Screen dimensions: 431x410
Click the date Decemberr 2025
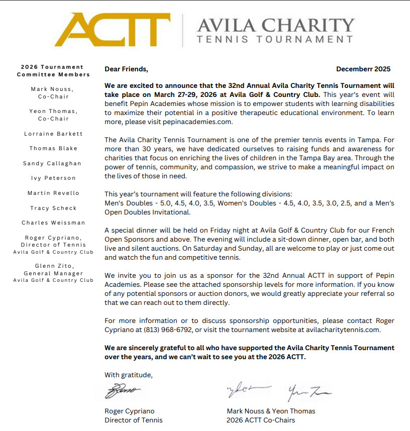363,69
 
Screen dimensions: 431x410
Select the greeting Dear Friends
126,69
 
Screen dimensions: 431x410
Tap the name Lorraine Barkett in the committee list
53,134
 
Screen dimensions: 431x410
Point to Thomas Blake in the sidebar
53,148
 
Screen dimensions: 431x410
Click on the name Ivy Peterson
53,178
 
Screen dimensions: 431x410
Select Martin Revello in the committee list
53,193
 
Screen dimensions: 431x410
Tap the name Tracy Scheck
53,207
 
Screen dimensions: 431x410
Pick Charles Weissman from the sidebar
53,223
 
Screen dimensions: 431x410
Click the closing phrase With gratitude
128,374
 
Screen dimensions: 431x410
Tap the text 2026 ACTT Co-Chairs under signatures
261,420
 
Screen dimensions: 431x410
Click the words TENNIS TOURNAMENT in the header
275,39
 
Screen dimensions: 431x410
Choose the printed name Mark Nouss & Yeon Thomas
271,411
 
